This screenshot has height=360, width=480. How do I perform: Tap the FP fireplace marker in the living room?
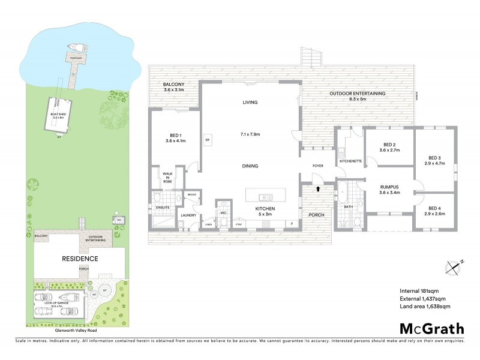coord(207,140)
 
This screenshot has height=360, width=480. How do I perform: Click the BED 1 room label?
coord(176,138)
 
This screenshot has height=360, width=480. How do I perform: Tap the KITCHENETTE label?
coord(350,161)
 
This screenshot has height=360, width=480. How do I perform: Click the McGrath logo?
coord(431,328)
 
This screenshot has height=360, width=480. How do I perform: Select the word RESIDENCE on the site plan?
coord(80,259)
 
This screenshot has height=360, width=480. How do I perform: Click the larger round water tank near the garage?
coord(106,290)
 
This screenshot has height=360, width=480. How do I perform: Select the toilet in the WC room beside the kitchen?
coord(224,222)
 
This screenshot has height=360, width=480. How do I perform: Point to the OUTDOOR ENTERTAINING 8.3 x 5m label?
coord(357,97)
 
